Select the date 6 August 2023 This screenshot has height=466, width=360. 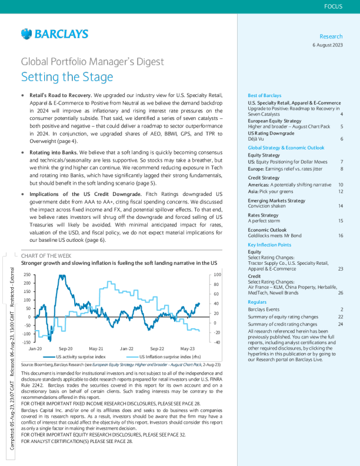coord(327,45)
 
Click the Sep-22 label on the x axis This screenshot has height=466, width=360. coord(157,348)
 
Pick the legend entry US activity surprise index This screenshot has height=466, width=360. coord(81,357)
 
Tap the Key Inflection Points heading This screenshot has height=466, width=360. coord(269,244)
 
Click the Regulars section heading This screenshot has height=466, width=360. coord(257,301)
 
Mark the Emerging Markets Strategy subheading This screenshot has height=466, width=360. coord(276,201)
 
